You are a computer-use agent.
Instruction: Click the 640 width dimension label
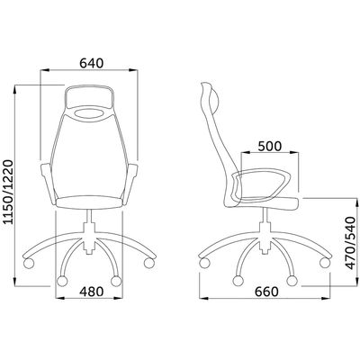pyautogui.click(x=92, y=63)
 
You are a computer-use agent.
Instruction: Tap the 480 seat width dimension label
pyautogui.click(x=92, y=292)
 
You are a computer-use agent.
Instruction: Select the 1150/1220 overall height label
pyautogui.click(x=8, y=192)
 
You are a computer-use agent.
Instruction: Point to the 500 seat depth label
pyautogui.click(x=270, y=146)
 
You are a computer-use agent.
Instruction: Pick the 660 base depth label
pyautogui.click(x=266, y=292)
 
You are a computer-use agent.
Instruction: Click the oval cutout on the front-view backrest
pyautogui.click(x=89, y=114)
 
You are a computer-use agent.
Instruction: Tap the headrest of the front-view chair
pyautogui.click(x=89, y=96)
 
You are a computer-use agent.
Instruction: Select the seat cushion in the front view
pyautogui.click(x=89, y=202)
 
